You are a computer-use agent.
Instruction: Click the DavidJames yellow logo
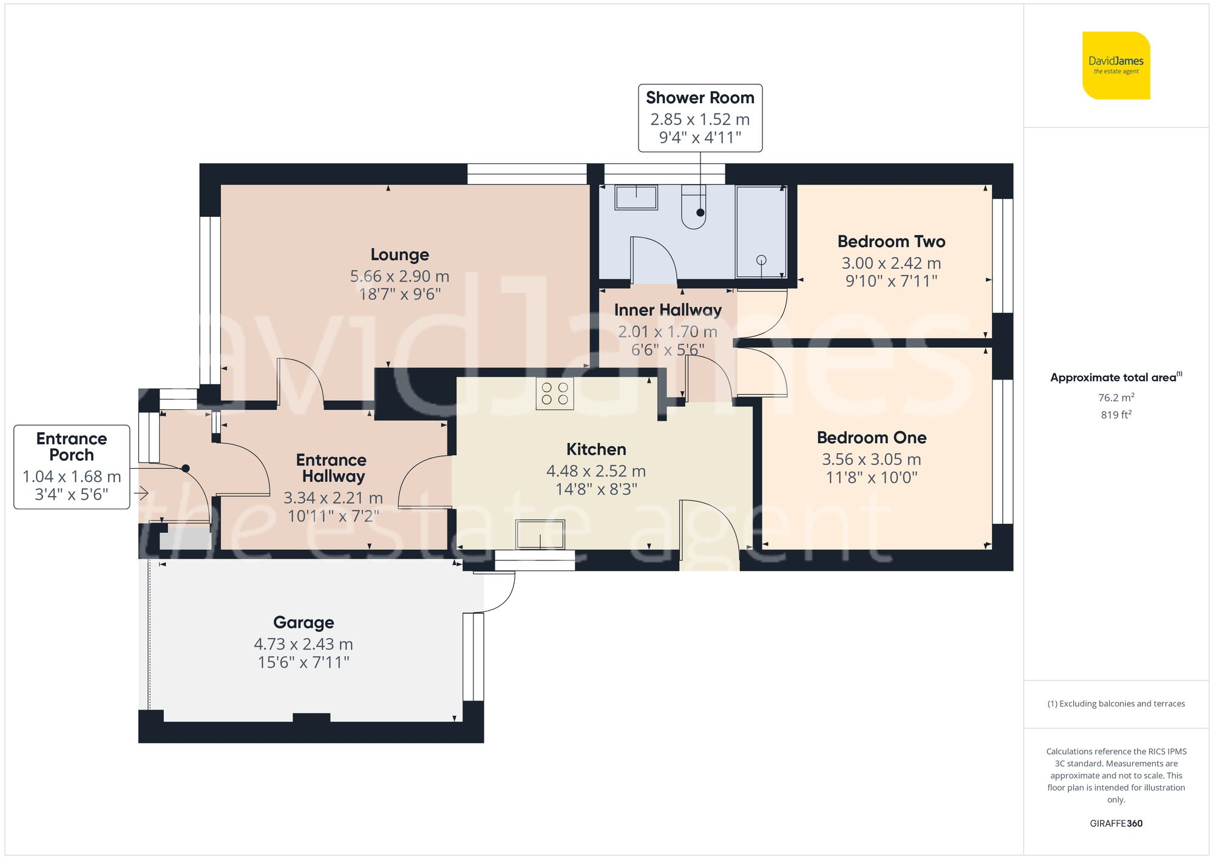1116,66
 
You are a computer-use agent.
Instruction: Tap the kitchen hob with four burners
555,393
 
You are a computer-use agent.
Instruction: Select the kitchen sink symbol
540,534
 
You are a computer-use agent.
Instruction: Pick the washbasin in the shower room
636,197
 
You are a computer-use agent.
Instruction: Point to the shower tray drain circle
761,260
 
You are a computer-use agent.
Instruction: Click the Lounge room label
399,254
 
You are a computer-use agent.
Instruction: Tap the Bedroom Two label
891,242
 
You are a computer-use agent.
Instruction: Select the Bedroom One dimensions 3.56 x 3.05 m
871,460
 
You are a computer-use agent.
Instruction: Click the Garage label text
303,622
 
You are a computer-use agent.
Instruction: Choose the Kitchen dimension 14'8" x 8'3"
596,489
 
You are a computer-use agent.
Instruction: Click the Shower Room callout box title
700,98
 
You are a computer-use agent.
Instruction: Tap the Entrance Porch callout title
72,447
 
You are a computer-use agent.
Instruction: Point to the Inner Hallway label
668,310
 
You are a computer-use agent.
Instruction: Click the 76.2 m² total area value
1116,398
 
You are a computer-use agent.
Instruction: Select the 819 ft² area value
1116,415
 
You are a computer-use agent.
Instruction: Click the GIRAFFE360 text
1116,824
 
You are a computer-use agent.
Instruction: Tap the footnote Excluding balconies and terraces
1116,704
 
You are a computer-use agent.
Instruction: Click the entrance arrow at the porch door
141,494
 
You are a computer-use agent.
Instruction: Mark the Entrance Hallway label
331,468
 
